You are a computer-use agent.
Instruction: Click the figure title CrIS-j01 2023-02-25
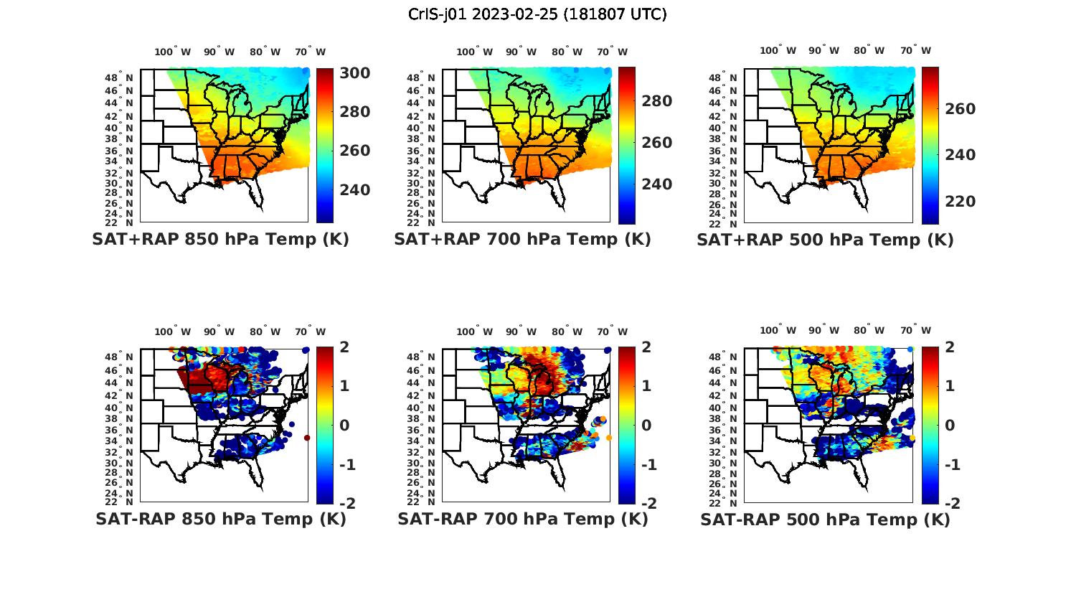[x=537, y=14]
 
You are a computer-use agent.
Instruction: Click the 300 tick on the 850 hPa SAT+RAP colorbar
[x=354, y=73]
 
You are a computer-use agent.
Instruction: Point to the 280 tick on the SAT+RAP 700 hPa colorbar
[x=656, y=101]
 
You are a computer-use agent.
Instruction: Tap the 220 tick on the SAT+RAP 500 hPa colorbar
[x=961, y=202]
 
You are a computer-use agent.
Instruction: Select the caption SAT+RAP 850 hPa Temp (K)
[x=220, y=239]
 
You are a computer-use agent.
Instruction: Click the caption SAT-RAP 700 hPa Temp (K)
[x=522, y=519]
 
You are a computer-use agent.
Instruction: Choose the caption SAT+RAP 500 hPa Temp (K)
[x=825, y=240]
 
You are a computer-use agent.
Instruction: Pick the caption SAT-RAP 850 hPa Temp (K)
[x=220, y=519]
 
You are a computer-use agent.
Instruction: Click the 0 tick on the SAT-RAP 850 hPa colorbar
[x=344, y=425]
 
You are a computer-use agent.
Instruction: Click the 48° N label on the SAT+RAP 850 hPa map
[x=119, y=77]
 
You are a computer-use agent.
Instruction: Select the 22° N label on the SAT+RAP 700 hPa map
[x=422, y=222]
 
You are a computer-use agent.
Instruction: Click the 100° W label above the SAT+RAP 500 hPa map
[x=778, y=50]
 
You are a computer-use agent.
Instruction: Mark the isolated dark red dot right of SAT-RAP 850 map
[x=307, y=438]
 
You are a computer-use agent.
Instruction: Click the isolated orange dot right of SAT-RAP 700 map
[x=609, y=438]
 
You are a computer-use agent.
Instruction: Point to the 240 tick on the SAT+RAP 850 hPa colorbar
[x=354, y=189]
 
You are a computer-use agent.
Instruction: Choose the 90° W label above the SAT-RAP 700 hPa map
[x=521, y=332]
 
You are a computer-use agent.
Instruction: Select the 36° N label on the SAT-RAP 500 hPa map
[x=724, y=430]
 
